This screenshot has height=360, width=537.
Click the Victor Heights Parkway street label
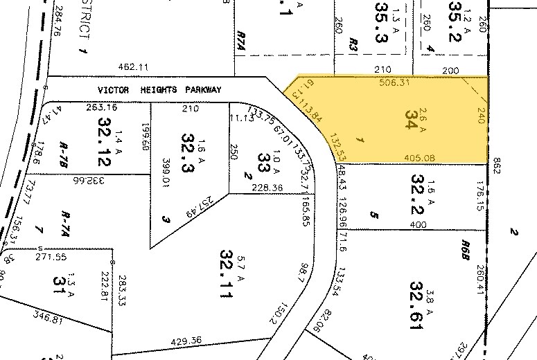[x=159, y=90]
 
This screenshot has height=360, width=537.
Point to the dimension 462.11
[x=134, y=66]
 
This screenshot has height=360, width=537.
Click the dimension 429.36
[x=185, y=341]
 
